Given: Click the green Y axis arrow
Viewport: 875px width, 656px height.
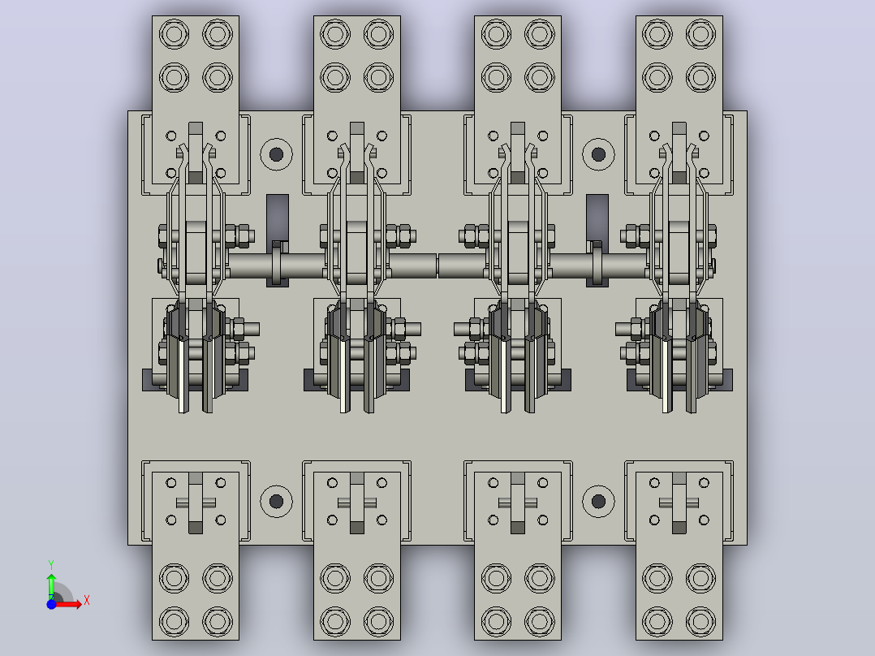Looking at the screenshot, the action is [51, 586].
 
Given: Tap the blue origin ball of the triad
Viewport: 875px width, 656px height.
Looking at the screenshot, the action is [51, 604].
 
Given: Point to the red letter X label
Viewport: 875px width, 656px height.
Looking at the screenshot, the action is [87, 601].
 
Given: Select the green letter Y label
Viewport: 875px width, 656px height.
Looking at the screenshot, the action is [51, 565].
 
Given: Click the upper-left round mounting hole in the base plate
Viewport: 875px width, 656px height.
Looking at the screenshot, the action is [276, 154].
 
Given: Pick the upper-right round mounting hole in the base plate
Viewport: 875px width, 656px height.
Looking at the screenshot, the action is [598, 154].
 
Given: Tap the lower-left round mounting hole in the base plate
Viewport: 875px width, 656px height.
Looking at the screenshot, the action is [276, 501].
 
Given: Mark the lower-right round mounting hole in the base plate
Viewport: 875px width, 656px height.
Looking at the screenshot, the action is [598, 501].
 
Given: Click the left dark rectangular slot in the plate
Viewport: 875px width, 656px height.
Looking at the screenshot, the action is [278, 218].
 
